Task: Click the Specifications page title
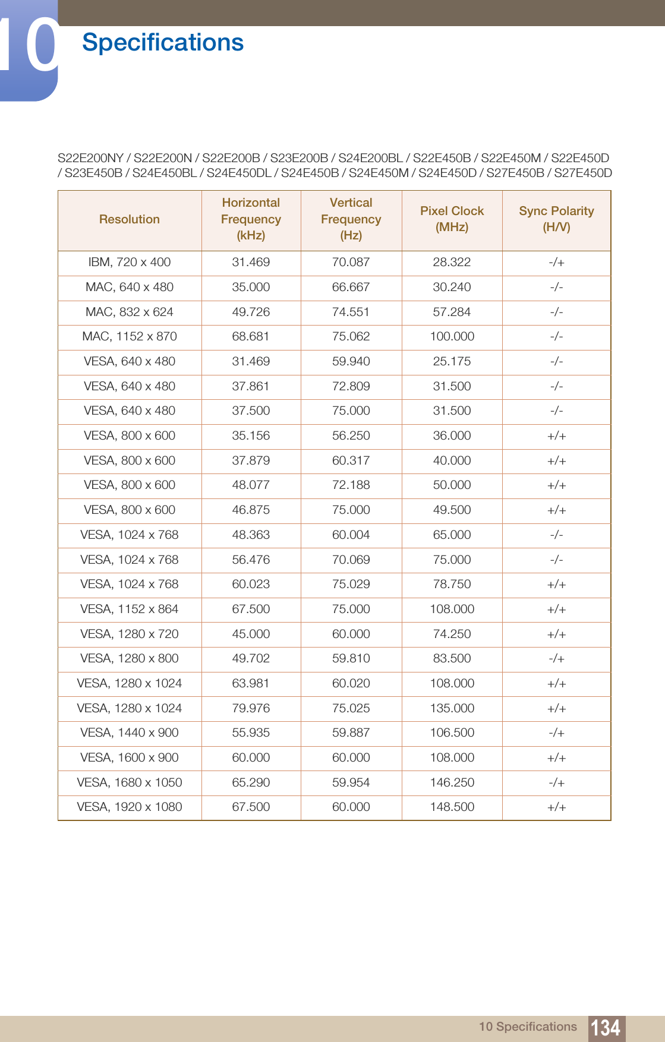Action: coord(163,43)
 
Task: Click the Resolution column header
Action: coord(130,219)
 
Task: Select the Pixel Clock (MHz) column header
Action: coord(452,219)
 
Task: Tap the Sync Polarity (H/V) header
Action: coord(556,219)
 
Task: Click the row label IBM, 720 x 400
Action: coord(130,262)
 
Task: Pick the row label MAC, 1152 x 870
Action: coord(130,336)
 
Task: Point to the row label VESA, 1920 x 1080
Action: coord(130,807)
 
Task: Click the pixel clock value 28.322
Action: coord(452,262)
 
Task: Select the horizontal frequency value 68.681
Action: coord(251,336)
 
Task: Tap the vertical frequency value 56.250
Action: coord(351,435)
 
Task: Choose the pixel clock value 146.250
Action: coord(452,782)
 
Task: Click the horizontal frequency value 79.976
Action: coord(251,708)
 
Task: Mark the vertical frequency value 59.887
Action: coord(351,732)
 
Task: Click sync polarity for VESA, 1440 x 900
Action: coord(556,732)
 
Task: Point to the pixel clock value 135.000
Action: coord(452,708)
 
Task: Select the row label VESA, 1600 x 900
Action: coord(130,757)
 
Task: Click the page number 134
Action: coord(606,1028)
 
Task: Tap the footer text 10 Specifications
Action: coord(528,1027)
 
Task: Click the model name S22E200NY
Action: coord(90,158)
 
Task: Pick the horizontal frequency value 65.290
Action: coord(251,782)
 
